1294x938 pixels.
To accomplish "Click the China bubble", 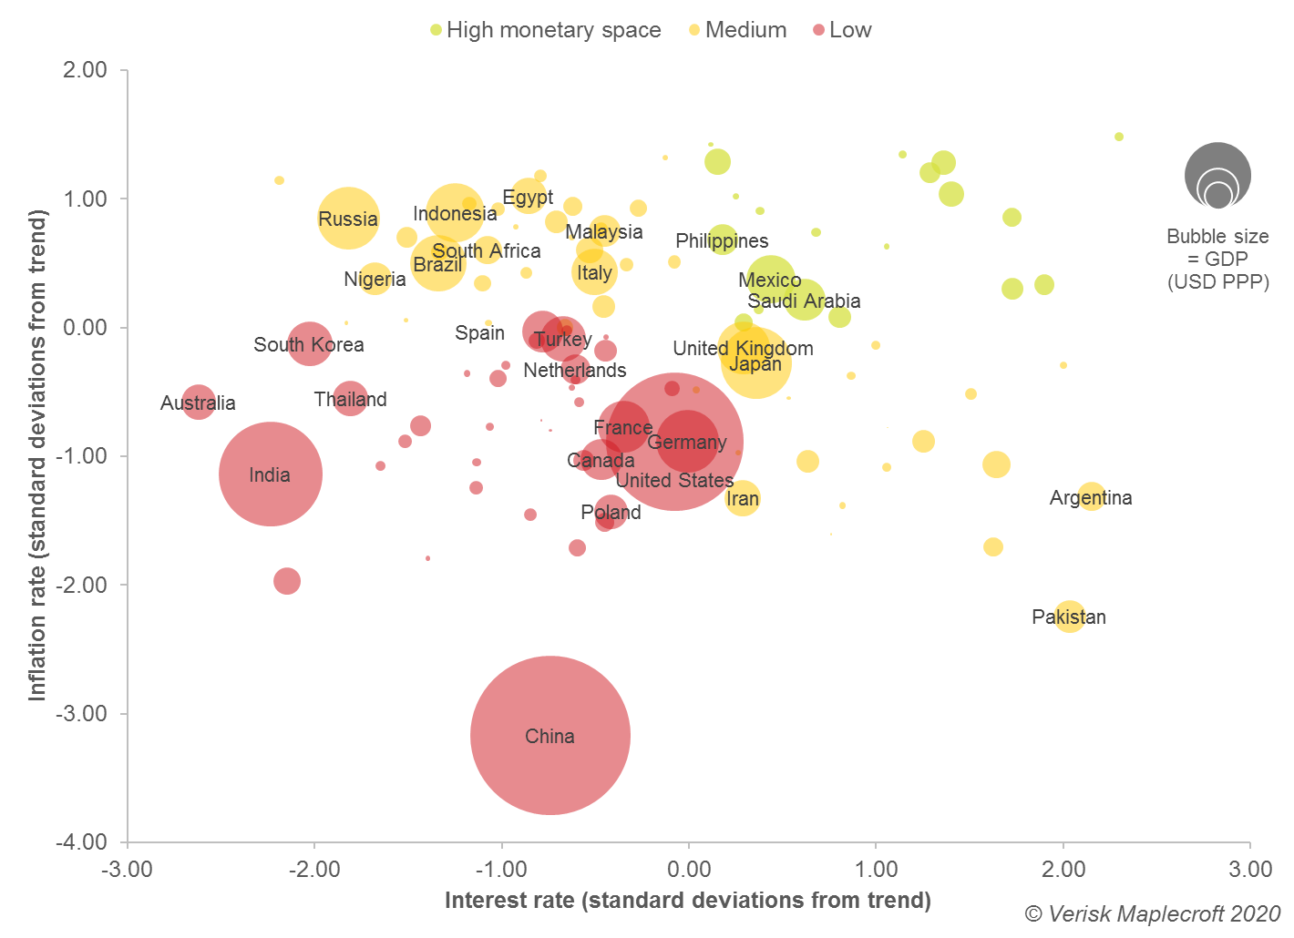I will tap(550, 735).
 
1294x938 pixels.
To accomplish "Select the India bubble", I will tap(271, 474).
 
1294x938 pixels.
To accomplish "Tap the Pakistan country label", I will tap(1069, 617).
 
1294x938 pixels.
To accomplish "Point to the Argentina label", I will tap(1091, 497).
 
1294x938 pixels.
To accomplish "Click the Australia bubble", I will tap(199, 401).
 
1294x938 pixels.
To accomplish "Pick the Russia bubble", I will tap(348, 218).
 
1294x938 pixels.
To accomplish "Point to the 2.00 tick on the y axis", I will tap(85, 70).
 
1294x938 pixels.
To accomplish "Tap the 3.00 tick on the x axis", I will tap(1250, 869).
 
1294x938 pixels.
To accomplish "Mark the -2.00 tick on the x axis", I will tap(314, 869).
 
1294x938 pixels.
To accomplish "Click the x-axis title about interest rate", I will tap(688, 901).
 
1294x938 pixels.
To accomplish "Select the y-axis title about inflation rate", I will tap(37, 455).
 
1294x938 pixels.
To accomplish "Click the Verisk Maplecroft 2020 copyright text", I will tap(1152, 913).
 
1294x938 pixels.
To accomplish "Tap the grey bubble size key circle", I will tap(1217, 175).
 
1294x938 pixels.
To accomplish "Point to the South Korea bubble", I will tap(310, 343).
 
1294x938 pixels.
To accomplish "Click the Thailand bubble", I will tap(350, 397).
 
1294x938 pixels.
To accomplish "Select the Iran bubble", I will tap(743, 498).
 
